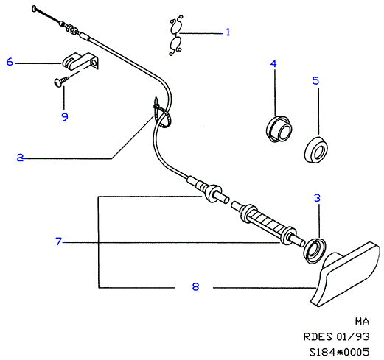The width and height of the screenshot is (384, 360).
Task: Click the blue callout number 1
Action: pyautogui.click(x=228, y=32)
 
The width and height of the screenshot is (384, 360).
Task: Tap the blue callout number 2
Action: pyautogui.click(x=20, y=158)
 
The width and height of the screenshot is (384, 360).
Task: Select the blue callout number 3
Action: pyautogui.click(x=317, y=198)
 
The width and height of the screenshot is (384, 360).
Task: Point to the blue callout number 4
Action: pyautogui.click(x=273, y=63)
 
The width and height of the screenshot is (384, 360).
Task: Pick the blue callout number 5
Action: pyautogui.click(x=315, y=80)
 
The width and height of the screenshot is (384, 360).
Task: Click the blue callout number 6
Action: pyautogui.click(x=10, y=61)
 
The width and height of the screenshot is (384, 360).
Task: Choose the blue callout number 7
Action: pyautogui.click(x=58, y=241)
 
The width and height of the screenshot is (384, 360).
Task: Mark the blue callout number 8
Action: pyautogui.click(x=195, y=286)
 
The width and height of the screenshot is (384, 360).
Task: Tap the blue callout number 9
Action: pyautogui.click(x=65, y=116)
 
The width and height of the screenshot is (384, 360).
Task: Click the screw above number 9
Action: pyautogui.click(x=61, y=81)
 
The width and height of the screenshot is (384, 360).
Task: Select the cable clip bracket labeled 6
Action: pyautogui.click(x=80, y=61)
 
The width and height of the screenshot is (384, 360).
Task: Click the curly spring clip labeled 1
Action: pyautogui.click(x=175, y=35)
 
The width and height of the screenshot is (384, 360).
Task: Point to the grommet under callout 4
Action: pyautogui.click(x=279, y=129)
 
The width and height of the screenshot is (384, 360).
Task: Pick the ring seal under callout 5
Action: pyautogui.click(x=315, y=149)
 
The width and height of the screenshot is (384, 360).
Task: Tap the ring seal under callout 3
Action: pyautogui.click(x=315, y=250)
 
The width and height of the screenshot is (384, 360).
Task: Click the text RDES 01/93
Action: pyautogui.click(x=336, y=336)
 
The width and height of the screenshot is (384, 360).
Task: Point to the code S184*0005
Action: pyautogui.click(x=339, y=352)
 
